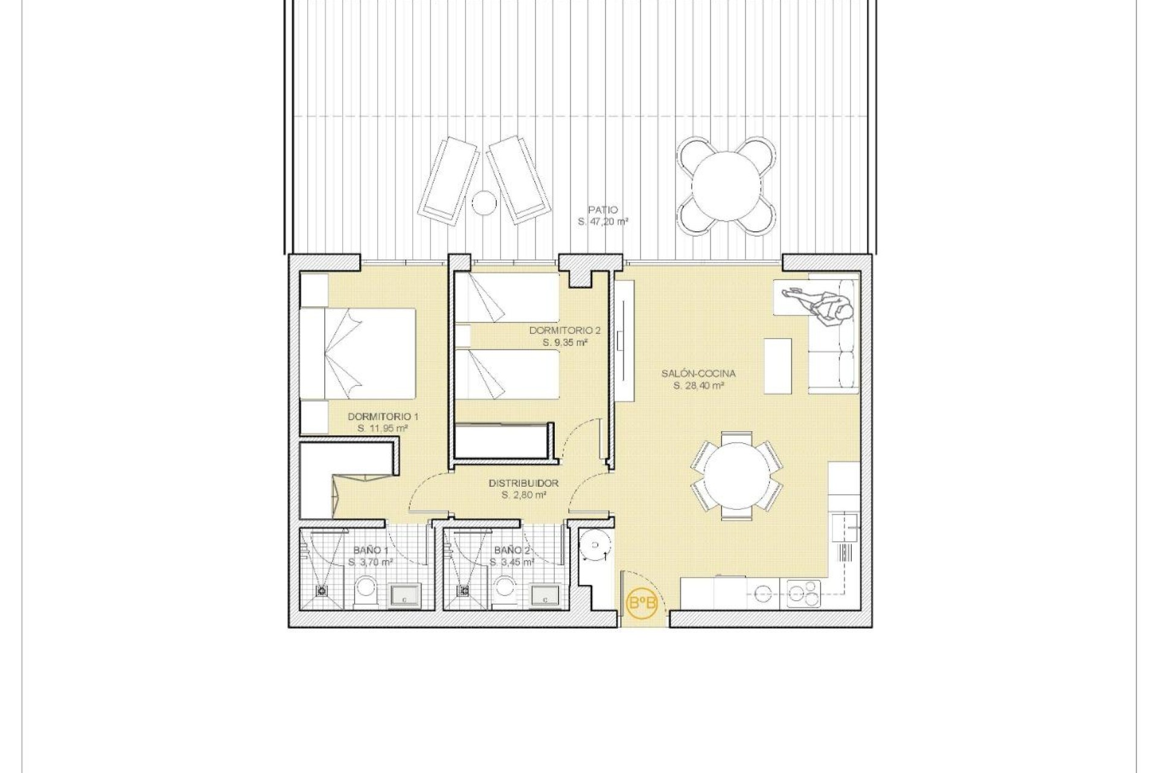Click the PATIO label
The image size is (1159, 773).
(x=602, y=210)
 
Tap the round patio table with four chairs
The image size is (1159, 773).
(x=726, y=185)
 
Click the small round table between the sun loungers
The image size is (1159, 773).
(x=484, y=202)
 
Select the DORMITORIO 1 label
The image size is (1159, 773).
(x=383, y=417)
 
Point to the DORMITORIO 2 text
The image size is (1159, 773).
(x=564, y=330)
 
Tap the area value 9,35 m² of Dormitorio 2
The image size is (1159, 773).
(x=565, y=342)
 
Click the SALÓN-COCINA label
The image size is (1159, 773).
(x=698, y=374)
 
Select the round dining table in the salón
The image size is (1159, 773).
(x=737, y=476)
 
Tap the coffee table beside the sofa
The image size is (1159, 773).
(x=777, y=366)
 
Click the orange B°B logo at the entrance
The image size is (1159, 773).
(x=642, y=602)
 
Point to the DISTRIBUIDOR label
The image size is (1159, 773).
(x=523, y=483)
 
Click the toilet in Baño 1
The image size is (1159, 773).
(x=365, y=589)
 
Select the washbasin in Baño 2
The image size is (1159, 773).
(x=546, y=595)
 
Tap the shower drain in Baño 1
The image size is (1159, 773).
(x=322, y=591)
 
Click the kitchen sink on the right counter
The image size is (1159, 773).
(x=845, y=528)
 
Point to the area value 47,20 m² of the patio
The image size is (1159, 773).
(x=602, y=222)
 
